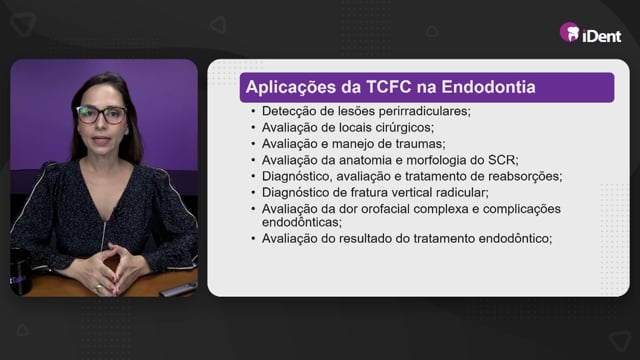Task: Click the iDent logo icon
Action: [570, 32]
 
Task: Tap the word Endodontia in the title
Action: [488, 87]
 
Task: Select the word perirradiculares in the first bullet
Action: [424, 111]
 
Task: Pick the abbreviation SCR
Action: [503, 160]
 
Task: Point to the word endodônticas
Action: [302, 222]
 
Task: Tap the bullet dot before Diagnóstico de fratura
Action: [253, 193]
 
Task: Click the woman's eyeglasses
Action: [102, 115]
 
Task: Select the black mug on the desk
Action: [20, 272]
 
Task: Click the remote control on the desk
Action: [178, 289]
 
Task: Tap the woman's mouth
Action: [100, 140]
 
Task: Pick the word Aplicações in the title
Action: [291, 87]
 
